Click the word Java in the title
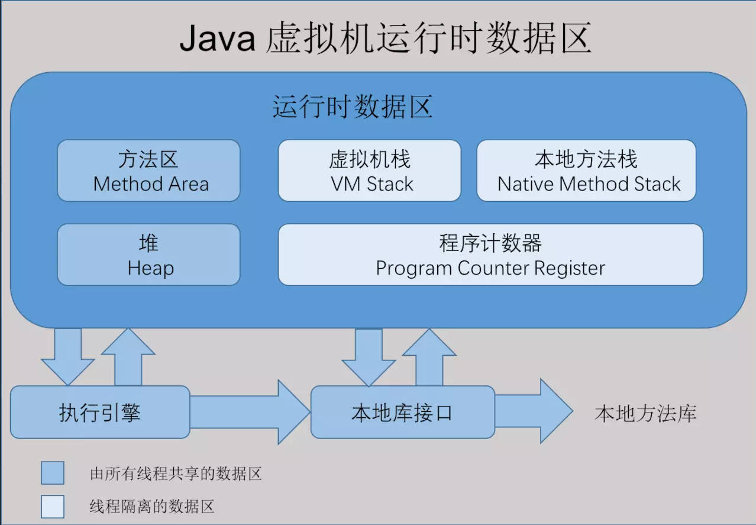coord(217,39)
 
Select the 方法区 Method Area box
coord(148,170)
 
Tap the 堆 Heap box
coord(148,255)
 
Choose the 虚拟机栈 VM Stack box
coord(369,170)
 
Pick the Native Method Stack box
coord(586,170)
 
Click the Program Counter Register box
coord(490,255)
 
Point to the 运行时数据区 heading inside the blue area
coord(353,108)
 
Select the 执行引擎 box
coord(100,412)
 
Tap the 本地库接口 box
coord(402,412)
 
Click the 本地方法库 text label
coord(645,413)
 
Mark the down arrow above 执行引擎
coord(67,355)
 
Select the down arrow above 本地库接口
coord(369,355)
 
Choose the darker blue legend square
coord(53,474)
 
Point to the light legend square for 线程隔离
coord(53,506)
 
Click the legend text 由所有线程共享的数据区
coord(176,474)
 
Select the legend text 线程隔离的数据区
coord(151,507)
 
